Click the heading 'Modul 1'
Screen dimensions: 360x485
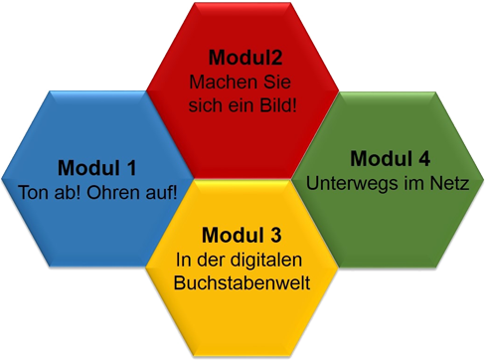point(96,167)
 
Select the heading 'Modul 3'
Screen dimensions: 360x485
point(242,236)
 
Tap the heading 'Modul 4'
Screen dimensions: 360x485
point(390,159)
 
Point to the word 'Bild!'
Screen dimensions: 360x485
point(276,103)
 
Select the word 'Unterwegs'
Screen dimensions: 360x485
point(350,183)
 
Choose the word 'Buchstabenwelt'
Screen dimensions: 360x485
point(242,282)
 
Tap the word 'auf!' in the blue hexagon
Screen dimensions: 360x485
point(160,190)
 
